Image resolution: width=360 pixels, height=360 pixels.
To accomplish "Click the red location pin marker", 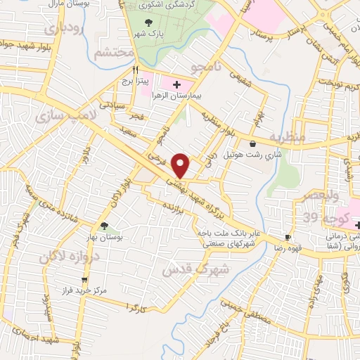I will [181, 166].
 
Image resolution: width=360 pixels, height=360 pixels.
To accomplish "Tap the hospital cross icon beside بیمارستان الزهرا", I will [166, 84].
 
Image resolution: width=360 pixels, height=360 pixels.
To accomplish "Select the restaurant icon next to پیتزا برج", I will [136, 70].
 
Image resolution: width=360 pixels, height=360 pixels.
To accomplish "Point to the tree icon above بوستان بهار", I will [104, 226].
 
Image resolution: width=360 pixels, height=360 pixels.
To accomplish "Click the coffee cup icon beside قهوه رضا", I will [288, 238].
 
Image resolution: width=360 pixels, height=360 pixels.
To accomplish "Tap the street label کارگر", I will [136, 309].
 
